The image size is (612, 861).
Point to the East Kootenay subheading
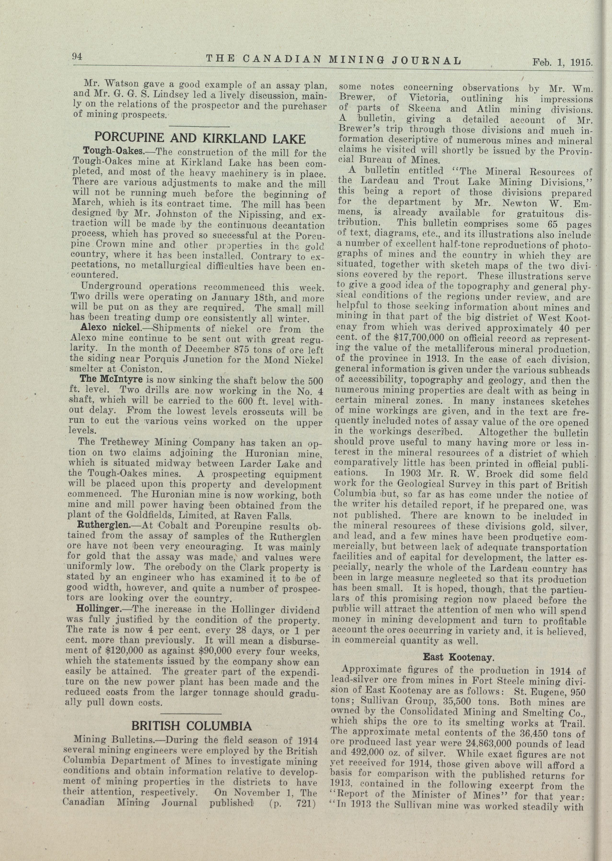tap(458, 657)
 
